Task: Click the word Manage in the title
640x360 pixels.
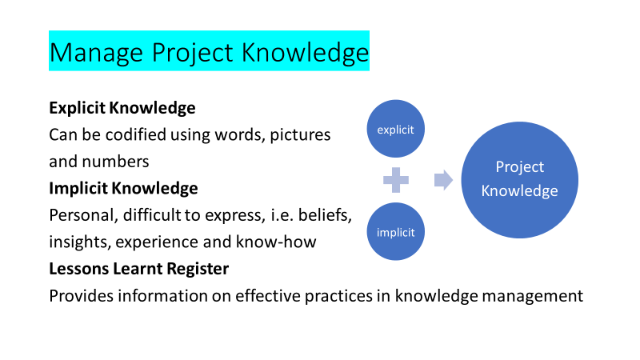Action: [96, 53]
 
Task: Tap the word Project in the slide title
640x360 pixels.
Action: [192, 53]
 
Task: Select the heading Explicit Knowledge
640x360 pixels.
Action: [122, 108]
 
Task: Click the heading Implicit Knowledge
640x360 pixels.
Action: [123, 188]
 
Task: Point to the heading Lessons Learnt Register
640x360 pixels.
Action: [138, 269]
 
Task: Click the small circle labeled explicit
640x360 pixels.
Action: [395, 129]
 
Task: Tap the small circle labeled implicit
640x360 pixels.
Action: [395, 231]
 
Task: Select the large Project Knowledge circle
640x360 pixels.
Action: [519, 179]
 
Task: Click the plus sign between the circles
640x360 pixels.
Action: [396, 179]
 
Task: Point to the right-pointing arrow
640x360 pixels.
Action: [443, 180]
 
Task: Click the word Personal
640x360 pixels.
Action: [84, 215]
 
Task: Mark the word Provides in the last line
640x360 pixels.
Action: [82, 295]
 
